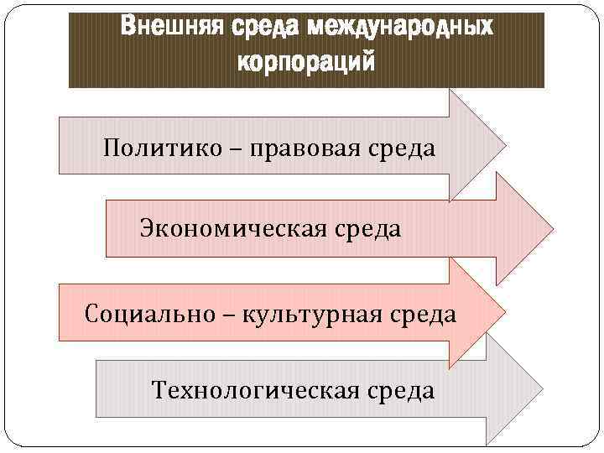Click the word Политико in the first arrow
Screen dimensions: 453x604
[x=154, y=148]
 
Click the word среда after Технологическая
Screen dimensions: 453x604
[x=399, y=390]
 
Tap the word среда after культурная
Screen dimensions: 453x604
[x=423, y=315]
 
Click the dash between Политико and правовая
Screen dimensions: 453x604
[x=217, y=149]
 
